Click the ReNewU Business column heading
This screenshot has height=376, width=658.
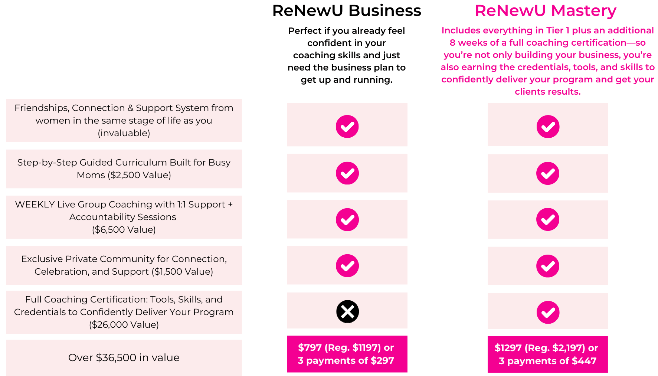[346, 11]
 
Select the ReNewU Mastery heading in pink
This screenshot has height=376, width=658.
[545, 11]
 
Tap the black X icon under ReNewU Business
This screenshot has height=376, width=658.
[347, 311]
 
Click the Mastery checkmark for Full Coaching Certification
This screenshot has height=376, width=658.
[548, 312]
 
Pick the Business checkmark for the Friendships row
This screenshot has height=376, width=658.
[347, 127]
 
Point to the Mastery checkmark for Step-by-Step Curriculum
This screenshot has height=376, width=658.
[548, 173]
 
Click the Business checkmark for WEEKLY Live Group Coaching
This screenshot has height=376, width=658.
[347, 219]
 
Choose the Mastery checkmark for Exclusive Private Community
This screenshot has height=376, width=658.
[548, 266]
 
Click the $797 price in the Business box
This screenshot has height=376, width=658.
[310, 348]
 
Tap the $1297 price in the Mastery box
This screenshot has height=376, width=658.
[508, 348]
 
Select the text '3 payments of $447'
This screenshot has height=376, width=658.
[547, 361]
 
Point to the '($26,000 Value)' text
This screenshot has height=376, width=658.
[124, 325]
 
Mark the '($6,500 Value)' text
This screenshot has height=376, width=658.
[124, 230]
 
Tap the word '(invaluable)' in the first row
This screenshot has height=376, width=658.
[124, 133]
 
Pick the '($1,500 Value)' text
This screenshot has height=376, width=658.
[182, 272]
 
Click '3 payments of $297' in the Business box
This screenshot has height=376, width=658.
[346, 360]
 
